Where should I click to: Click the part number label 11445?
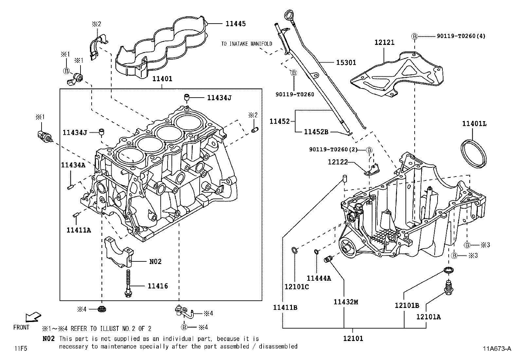tap(235, 24)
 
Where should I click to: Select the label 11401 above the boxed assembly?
tap(162, 79)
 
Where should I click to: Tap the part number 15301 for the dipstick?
tap(346, 62)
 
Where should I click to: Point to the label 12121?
tap(385, 42)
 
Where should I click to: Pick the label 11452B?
tap(316, 132)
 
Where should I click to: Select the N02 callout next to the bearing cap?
tap(155, 261)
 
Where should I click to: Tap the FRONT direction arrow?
tap(33, 317)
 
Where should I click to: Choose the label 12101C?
tap(296, 287)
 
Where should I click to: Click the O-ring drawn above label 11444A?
tap(316, 252)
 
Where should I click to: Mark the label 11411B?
tap(285, 308)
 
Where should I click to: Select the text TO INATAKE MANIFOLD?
tap(246, 44)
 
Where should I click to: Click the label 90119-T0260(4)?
tap(461, 36)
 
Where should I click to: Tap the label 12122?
tap(338, 162)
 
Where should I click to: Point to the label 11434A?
tap(73, 165)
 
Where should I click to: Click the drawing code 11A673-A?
tap(496, 349)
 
